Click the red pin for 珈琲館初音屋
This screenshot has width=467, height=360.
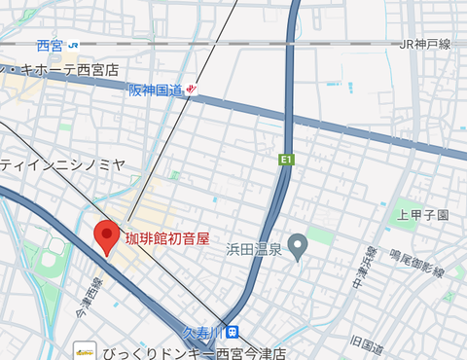click(x=106, y=235)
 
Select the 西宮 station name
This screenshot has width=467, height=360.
click(x=50, y=45)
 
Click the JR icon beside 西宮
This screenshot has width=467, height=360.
click(x=74, y=45)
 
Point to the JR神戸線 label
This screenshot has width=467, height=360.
click(x=425, y=45)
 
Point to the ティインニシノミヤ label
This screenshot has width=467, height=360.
click(x=62, y=165)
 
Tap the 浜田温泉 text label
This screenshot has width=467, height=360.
click(x=254, y=250)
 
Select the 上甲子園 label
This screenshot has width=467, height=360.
click(x=422, y=215)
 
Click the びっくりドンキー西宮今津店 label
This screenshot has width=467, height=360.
click(x=195, y=351)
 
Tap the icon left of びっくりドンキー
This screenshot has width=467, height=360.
click(x=86, y=351)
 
